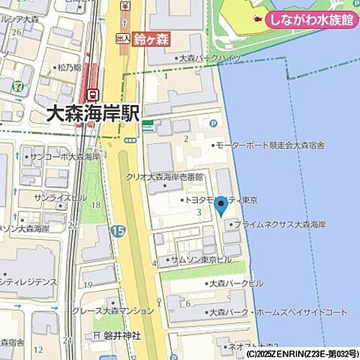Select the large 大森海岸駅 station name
tap(93, 114)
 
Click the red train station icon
tap(92, 95)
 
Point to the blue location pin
tap(221, 204)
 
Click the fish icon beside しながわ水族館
tap(257, 19)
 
